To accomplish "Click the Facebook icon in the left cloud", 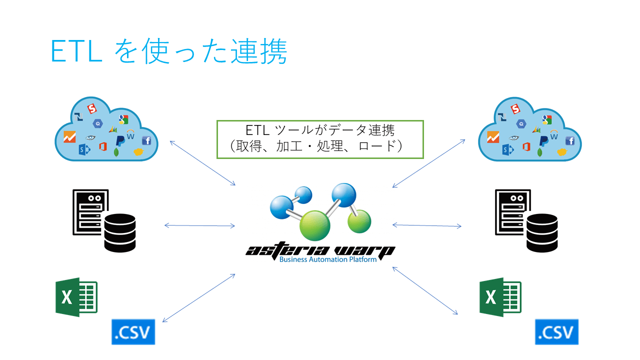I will click(146, 140).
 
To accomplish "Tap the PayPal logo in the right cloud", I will click(544, 141).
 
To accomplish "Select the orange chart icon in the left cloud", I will click(70, 136).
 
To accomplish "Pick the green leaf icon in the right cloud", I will click(540, 152).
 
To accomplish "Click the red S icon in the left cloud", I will click(91, 108).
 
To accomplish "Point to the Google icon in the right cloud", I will click(546, 119).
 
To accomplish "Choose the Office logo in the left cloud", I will click(103, 146).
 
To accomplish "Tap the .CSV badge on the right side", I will click(556, 331).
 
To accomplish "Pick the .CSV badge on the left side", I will click(133, 331).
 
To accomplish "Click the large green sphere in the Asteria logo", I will click(315, 225).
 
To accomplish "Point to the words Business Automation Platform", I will click(327, 259).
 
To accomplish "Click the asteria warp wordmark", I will click(320, 249).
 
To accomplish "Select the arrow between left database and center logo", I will click(200, 226).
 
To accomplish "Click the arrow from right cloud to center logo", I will click(429, 163).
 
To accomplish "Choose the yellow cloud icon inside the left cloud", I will click(139, 151).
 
